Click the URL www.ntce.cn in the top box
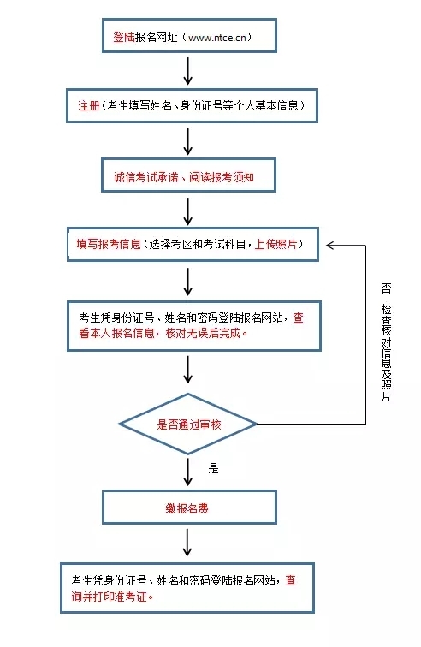(217, 38)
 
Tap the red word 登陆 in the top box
(124, 37)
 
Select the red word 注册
(89, 106)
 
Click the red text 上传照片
(276, 244)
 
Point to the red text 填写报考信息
(109, 244)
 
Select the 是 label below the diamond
(213, 468)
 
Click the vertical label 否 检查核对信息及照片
(386, 341)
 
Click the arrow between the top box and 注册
(188, 71)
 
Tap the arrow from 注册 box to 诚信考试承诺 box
(188, 141)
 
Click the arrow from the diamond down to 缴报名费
(188, 472)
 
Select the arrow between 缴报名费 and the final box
(187, 543)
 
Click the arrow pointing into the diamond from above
(188, 370)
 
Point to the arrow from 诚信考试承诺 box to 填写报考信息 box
(188, 211)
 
